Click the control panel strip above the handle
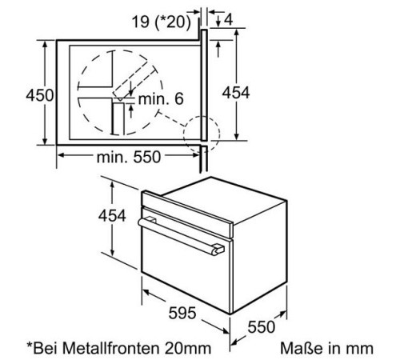184,209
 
